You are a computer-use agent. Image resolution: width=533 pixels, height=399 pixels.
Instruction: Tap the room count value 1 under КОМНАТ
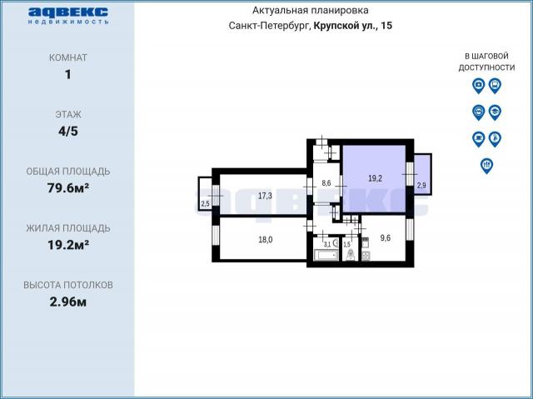point(67,74)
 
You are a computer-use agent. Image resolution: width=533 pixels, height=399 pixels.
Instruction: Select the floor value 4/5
point(67,131)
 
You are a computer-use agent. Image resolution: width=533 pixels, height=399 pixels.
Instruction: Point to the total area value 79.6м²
point(67,187)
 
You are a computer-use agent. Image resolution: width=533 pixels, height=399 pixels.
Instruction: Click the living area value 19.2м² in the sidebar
point(67,244)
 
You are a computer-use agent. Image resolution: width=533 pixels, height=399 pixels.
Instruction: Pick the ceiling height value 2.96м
point(67,301)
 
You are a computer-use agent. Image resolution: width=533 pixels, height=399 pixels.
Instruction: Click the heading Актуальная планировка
point(310,11)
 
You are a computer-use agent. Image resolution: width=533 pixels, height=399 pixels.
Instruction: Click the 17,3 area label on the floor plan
point(265,196)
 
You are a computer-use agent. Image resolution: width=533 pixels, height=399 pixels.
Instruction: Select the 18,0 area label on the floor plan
point(265,238)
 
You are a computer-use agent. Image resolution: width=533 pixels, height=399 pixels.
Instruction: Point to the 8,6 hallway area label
point(326,183)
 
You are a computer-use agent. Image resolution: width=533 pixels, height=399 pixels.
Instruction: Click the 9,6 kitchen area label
point(385,237)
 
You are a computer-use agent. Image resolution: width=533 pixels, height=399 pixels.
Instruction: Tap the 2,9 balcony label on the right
point(421,185)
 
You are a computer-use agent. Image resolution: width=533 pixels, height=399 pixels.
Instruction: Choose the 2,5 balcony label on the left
point(205,203)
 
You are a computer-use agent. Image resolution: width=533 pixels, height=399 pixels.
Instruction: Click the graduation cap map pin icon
point(494,112)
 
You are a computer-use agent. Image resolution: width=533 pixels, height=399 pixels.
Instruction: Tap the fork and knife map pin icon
point(486,165)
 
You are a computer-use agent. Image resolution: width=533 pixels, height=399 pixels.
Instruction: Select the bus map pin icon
point(494,85)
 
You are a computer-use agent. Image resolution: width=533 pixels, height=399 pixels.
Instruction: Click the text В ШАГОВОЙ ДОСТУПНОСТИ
point(486,61)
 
